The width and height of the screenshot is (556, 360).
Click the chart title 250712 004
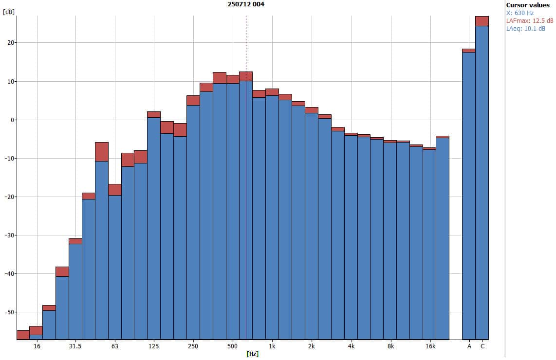pyautogui.click(x=246, y=4)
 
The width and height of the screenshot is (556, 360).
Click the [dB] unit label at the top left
pyautogui.click(x=8, y=12)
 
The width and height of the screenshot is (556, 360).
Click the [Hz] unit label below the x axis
pyautogui.click(x=252, y=354)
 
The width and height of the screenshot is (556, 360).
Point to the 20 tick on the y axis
pyautogui.click(x=10, y=43)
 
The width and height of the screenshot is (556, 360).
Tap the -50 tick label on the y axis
pyautogui.click(x=9, y=312)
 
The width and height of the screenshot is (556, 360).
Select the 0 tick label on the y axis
pyautogui.click(x=13, y=120)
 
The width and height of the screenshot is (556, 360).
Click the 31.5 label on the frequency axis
pyautogui.click(x=75, y=346)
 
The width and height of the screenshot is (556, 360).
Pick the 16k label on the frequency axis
pyautogui.click(x=430, y=346)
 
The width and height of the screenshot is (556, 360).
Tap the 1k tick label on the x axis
pyautogui.click(x=272, y=346)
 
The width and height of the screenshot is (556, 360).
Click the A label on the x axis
pyautogui.click(x=469, y=346)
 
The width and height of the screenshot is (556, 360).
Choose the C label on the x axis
pyautogui.click(x=482, y=346)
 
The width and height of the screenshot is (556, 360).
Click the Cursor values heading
pyautogui.click(x=528, y=5)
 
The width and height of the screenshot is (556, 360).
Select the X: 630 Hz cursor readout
pyautogui.click(x=520, y=13)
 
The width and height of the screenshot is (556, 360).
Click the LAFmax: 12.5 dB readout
pyautogui.click(x=530, y=21)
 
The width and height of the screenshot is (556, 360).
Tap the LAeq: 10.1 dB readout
pyautogui.click(x=526, y=29)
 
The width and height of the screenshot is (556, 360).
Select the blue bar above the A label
pyautogui.click(x=469, y=195)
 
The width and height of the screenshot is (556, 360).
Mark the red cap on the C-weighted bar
pyautogui.click(x=482, y=21)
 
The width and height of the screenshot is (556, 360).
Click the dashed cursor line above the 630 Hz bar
pyautogui.click(x=246, y=44)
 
